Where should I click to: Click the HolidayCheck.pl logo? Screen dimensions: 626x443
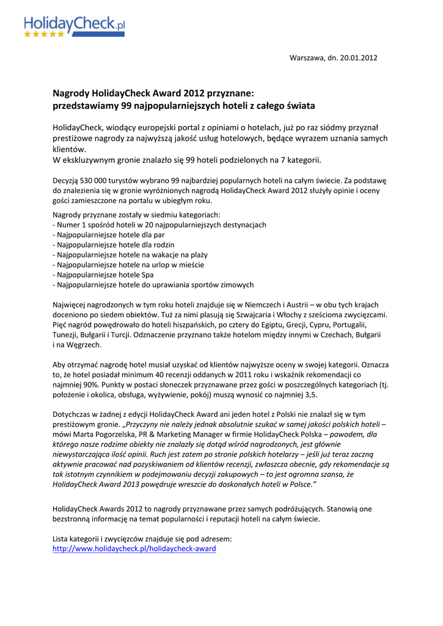click(75, 25)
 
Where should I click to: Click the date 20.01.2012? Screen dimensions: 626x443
click(358, 58)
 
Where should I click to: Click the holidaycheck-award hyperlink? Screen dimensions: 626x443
click(134, 549)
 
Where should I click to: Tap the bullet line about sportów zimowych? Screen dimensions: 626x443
click(153, 284)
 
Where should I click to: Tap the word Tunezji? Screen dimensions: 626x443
click(66, 334)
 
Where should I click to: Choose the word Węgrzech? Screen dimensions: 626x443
click(82, 344)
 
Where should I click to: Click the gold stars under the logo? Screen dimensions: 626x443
click(44, 34)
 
